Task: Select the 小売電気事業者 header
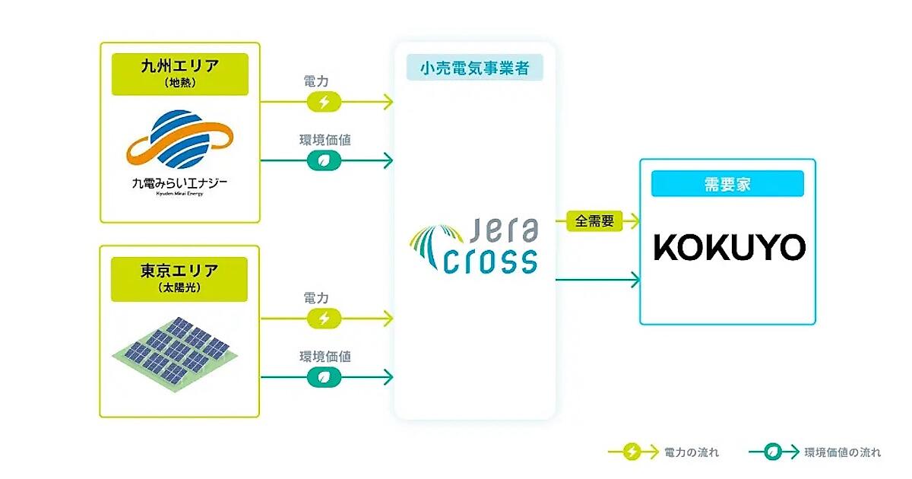coord(475,68)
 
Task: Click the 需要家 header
coord(727,183)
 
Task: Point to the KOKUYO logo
coord(729,248)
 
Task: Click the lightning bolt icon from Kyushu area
coord(324,102)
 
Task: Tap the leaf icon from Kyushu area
coord(324,160)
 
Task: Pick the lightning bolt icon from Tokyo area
coord(324,318)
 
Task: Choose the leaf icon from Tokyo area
coord(324,376)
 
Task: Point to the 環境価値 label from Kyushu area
coord(325,140)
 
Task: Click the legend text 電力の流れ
coord(691,452)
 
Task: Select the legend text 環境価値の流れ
coord(842,452)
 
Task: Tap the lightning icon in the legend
coord(630,452)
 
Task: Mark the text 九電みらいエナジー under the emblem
coord(179,183)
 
